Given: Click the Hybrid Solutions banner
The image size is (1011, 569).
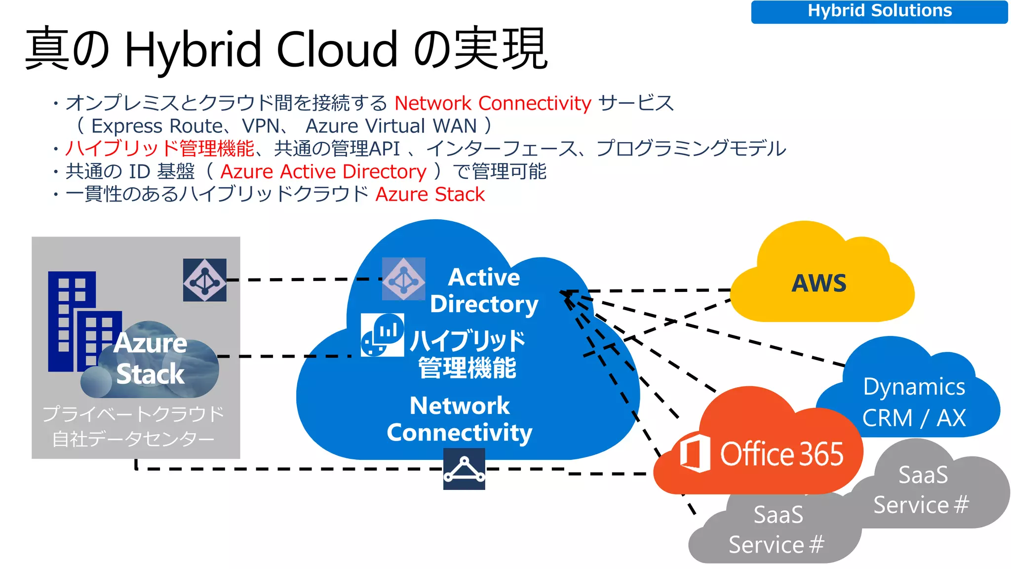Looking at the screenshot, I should click(879, 11).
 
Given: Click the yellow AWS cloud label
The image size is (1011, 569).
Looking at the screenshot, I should click(819, 284).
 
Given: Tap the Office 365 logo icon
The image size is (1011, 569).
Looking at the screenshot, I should click(695, 452).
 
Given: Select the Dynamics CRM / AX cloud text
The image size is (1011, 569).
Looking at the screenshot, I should click(914, 402).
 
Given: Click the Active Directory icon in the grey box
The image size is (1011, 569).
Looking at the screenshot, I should click(205, 280).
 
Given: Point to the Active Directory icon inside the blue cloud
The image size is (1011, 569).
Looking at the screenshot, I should click(404, 279).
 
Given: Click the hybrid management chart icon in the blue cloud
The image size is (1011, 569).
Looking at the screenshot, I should click(383, 335).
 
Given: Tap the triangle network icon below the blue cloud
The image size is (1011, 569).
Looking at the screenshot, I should click(464, 469).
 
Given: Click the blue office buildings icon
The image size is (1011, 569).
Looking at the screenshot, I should click(79, 321).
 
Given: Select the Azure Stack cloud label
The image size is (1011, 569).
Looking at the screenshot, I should click(151, 359).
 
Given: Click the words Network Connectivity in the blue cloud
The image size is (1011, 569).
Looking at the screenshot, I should click(460, 419).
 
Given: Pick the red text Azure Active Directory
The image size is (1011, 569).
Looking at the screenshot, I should click(323, 171).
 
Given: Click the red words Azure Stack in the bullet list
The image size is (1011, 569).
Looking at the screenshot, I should click(430, 194).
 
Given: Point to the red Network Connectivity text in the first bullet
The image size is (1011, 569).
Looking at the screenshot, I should click(493, 103).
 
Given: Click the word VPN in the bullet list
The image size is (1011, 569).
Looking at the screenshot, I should click(261, 126).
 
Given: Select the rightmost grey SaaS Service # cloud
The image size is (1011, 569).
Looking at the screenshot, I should click(922, 490).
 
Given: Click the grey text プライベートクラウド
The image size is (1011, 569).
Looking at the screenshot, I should click(133, 414).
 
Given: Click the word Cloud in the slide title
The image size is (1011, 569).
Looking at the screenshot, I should click(337, 49).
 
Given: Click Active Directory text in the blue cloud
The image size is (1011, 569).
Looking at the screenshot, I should click(484, 290).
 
